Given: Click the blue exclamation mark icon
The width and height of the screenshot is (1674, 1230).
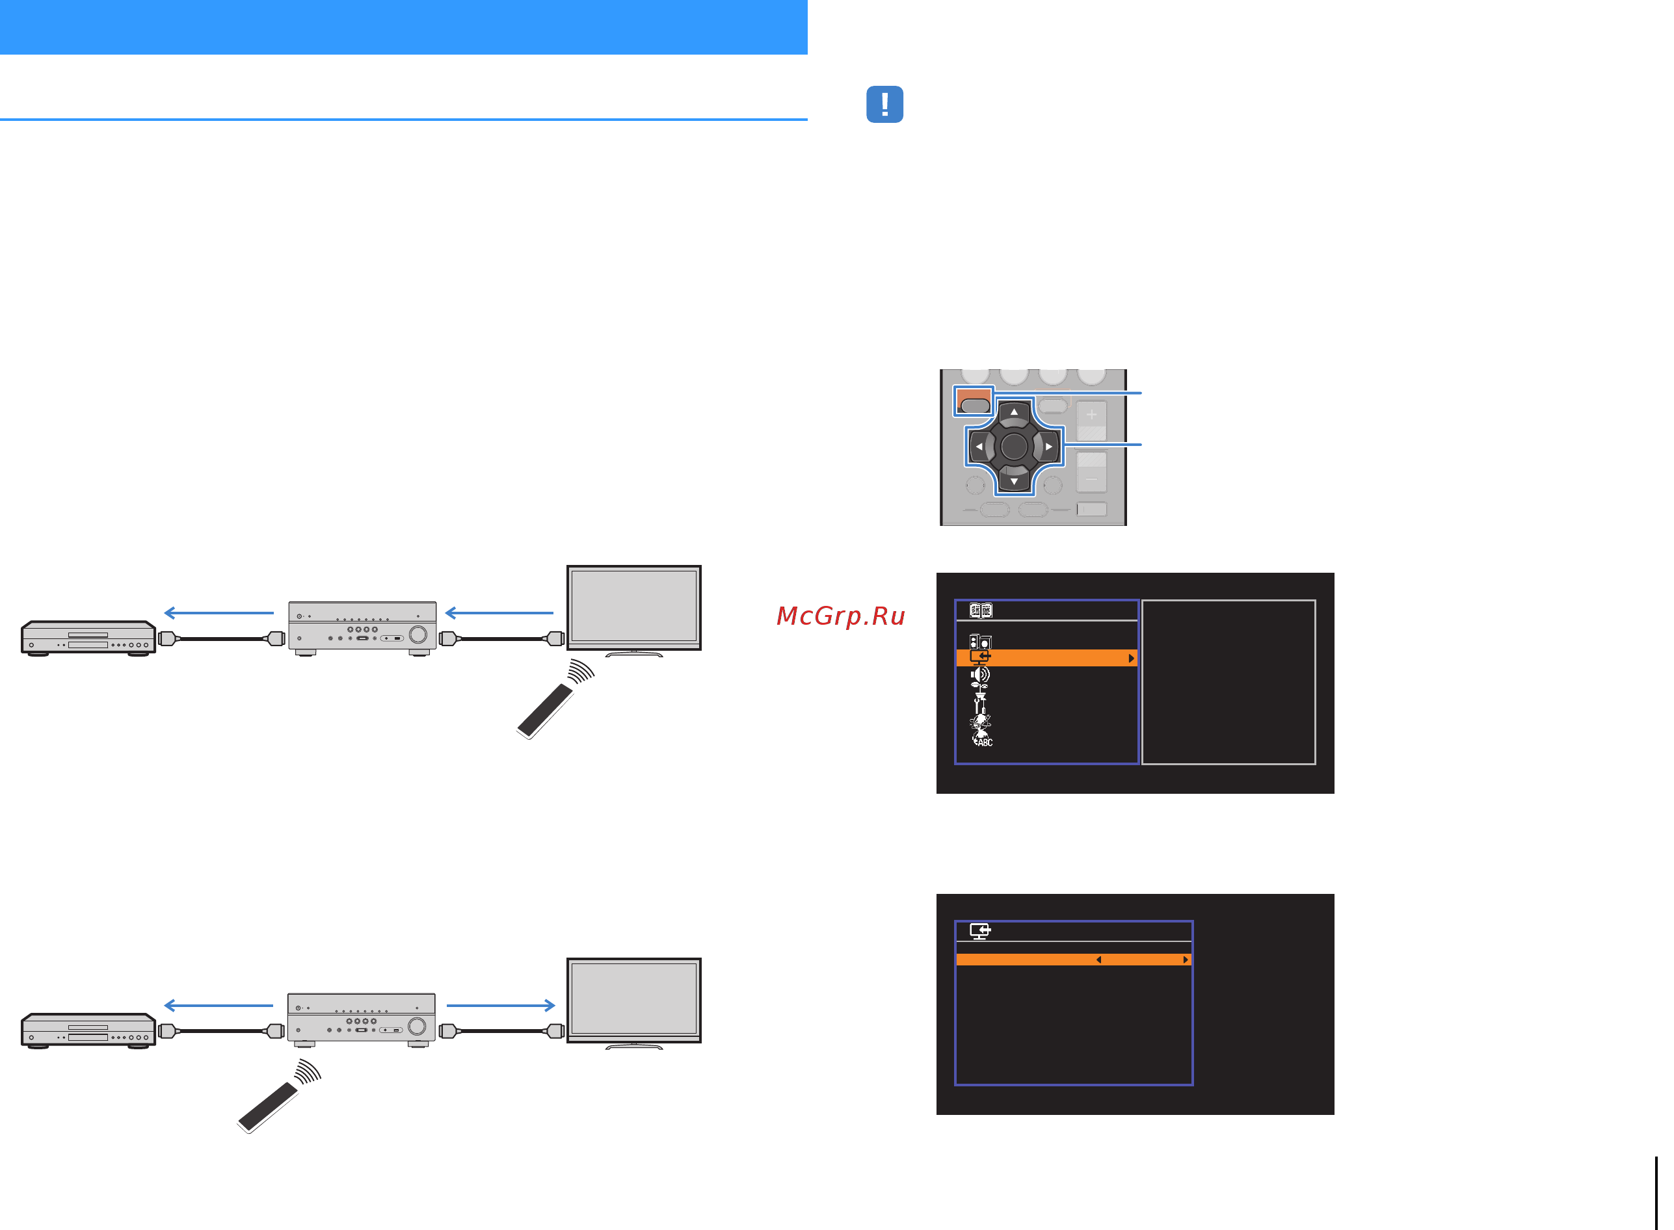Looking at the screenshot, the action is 884,104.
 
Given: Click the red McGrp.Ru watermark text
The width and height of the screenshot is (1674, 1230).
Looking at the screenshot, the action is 841,616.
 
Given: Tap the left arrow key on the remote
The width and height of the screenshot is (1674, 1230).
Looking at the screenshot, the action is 979,447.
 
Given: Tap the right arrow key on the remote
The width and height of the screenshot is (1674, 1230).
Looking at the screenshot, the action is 1048,447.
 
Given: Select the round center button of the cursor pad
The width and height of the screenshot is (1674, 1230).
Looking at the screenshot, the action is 1013,447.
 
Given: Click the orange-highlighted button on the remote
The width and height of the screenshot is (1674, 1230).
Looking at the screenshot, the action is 974,401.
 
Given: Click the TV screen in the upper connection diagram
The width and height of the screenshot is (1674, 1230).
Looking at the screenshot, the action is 633,607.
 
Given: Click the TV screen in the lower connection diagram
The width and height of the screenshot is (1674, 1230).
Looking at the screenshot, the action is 633,1000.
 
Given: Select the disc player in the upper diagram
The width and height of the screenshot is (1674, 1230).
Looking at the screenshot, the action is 88,638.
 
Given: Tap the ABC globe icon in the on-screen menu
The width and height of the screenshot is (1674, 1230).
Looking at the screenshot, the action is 982,739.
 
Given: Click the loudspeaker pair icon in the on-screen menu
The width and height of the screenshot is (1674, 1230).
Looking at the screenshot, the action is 980,641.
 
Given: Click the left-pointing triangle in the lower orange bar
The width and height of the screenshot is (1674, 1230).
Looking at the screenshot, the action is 1098,960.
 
